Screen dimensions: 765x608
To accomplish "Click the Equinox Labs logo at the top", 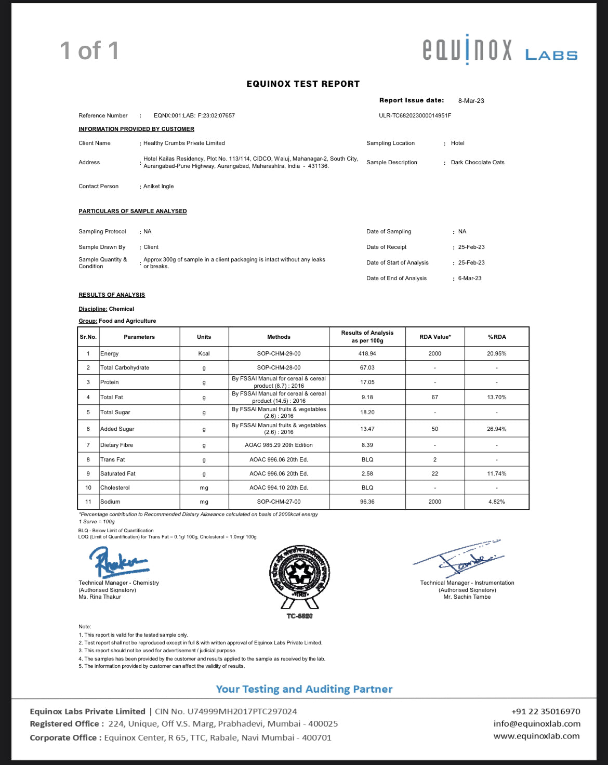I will tap(499, 50).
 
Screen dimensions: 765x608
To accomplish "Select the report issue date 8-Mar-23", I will tap(471, 101).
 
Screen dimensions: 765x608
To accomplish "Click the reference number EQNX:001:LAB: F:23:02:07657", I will tap(194, 115).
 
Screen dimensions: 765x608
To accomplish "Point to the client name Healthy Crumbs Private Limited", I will tap(184, 143).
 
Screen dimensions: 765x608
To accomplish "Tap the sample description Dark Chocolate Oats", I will tap(478, 162).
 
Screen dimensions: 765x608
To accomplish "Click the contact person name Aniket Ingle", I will tap(158, 186).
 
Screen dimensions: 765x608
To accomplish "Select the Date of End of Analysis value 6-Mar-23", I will tap(470, 278).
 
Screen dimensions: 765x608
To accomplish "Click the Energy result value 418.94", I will tap(367, 353).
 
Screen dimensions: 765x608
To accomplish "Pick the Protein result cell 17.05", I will tap(367, 382).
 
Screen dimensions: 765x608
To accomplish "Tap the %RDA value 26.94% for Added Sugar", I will tap(496, 429).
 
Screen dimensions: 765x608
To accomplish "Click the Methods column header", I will tap(279, 337).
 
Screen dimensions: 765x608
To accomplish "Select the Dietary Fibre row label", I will tap(116, 445).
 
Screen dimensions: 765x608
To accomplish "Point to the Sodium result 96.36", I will tap(367, 502).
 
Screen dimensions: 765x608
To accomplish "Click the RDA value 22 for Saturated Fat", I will tap(434, 473).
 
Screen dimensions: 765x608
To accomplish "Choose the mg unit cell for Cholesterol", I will tap(204, 487).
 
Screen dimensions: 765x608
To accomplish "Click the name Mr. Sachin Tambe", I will tap(467, 597).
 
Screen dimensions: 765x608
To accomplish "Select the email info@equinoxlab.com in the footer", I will tap(537, 723).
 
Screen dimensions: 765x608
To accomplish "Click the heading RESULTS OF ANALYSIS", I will tap(112, 295).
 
